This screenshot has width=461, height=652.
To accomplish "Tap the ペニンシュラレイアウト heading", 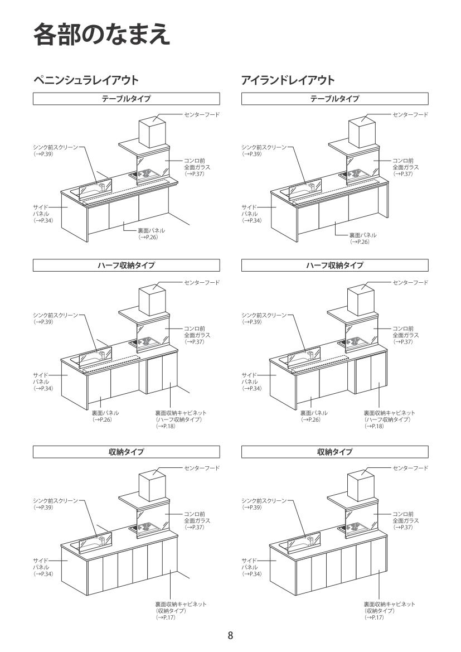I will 86,80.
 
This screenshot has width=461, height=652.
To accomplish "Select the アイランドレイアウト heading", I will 288,80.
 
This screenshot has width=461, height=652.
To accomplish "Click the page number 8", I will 230,635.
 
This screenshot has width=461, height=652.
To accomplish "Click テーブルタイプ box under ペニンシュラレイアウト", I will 126,99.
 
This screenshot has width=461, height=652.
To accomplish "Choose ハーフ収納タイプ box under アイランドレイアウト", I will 334,265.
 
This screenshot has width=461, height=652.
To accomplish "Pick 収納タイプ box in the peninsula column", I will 126,452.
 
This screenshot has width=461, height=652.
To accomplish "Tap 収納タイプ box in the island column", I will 334,452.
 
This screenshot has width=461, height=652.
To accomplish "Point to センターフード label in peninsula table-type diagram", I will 202,114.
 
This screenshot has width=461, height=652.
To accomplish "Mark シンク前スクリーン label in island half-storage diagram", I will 263,316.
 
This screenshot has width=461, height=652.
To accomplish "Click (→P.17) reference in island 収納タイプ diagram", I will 375,617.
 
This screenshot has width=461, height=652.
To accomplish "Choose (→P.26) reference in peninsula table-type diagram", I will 149,237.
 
